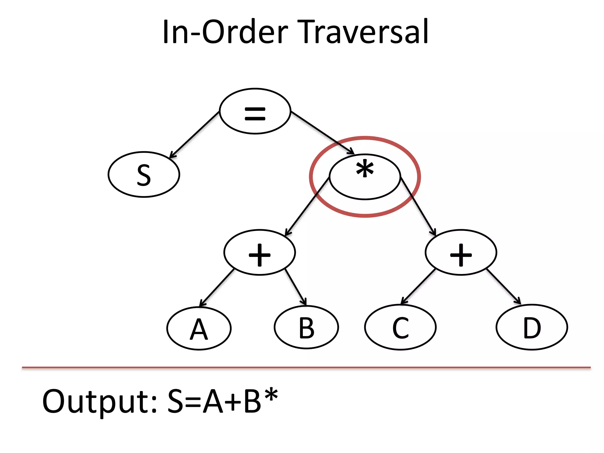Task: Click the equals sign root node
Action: pyautogui.click(x=255, y=111)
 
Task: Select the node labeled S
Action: pyautogui.click(x=144, y=175)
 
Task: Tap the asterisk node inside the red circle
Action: pyautogui.click(x=365, y=177)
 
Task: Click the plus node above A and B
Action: pyautogui.click(x=260, y=252)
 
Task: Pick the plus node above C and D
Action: pyautogui.click(x=461, y=252)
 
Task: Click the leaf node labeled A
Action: pyautogui.click(x=199, y=328)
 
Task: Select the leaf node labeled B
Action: pyautogui.click(x=306, y=327)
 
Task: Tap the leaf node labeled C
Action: pyautogui.click(x=400, y=327)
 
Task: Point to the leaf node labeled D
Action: pyautogui.click(x=532, y=327)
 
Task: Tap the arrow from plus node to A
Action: pyautogui.click(x=217, y=288)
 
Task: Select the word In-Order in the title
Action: pyautogui.click(x=225, y=32)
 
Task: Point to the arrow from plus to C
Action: pyautogui.click(x=418, y=286)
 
